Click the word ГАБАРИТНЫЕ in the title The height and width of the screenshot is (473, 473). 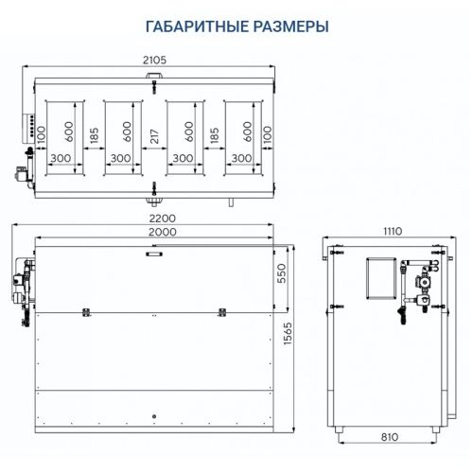click(194, 26)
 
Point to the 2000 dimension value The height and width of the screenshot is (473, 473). click(154, 233)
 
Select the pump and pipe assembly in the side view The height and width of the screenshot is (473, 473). click(415, 284)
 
